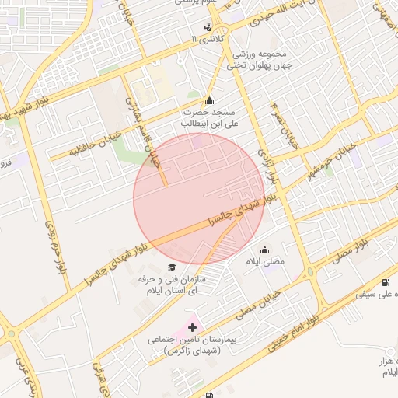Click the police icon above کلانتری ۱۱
point(208,27)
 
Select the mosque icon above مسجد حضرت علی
point(209,100)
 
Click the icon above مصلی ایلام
point(265,250)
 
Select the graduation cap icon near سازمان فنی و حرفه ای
point(171,267)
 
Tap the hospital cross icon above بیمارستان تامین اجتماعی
point(192,328)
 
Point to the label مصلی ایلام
point(265,263)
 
